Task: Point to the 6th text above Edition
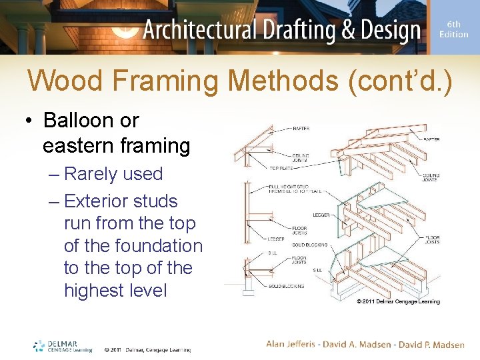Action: [x=454, y=23]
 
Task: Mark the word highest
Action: [x=89, y=291]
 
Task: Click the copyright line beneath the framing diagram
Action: [x=398, y=301]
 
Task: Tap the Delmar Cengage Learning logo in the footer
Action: [x=63, y=345]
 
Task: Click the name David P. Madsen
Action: [x=431, y=344]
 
